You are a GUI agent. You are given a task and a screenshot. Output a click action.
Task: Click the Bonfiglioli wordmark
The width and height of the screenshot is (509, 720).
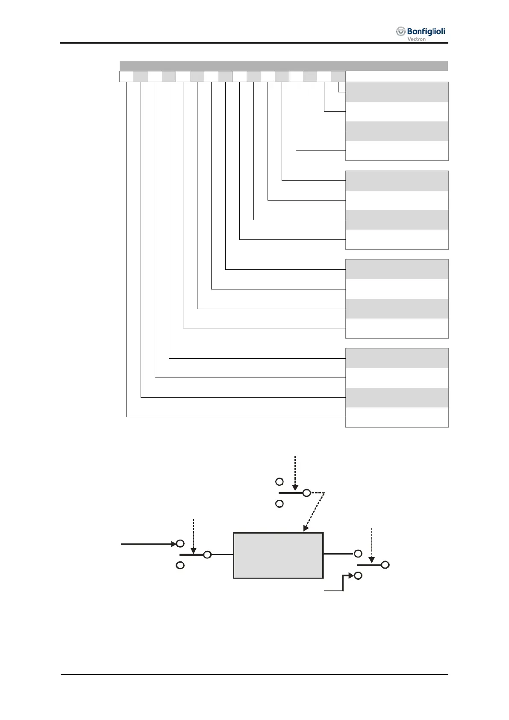[426, 31]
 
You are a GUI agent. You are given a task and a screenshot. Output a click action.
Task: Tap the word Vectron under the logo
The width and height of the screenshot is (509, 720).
[416, 39]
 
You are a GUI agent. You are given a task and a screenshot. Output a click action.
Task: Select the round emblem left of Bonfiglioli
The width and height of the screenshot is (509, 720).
[400, 32]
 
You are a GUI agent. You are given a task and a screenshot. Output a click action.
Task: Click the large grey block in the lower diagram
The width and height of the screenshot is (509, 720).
[278, 555]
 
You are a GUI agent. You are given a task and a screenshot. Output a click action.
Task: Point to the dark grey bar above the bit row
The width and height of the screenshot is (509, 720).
[283, 66]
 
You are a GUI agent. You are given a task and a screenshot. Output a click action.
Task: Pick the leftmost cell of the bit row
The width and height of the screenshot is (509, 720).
[127, 77]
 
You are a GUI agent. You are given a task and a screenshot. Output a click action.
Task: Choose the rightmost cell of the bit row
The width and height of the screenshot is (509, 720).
[338, 77]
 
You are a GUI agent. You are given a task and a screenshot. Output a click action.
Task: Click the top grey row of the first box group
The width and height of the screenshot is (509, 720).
[397, 91]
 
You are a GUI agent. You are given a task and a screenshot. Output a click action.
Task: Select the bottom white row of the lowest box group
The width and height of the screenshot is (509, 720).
[397, 417]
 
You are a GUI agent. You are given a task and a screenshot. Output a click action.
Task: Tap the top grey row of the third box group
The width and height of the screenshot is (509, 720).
[397, 269]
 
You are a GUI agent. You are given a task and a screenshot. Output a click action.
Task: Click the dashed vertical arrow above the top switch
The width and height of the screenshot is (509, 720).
[295, 472]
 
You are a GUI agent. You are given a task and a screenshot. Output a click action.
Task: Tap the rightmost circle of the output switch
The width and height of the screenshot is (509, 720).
[385, 565]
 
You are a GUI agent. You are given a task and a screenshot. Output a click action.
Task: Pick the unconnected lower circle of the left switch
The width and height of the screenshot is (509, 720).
[180, 565]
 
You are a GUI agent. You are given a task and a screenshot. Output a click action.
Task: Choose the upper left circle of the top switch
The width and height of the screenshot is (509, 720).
[280, 482]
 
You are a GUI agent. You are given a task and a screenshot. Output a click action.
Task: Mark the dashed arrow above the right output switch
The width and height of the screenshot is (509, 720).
[372, 544]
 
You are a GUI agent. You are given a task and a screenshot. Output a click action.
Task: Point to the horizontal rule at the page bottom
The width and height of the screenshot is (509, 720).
[254, 675]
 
